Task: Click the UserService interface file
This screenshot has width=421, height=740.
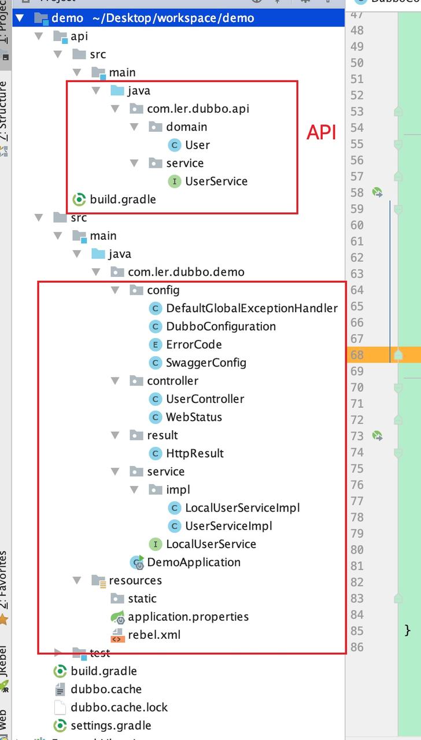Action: pyautogui.click(x=216, y=181)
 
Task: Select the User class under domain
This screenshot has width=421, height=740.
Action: pyautogui.click(x=197, y=145)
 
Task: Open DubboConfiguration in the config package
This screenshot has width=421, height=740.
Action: pyautogui.click(x=220, y=326)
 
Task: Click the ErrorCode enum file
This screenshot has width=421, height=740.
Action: pyautogui.click(x=194, y=345)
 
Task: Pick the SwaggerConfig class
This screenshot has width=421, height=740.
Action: pyautogui.click(x=206, y=362)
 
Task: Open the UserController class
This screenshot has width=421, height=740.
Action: pyautogui.click(x=205, y=399)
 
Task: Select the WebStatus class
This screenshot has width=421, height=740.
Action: pyautogui.click(x=194, y=417)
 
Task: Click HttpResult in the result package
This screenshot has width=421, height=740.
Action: pyautogui.click(x=194, y=453)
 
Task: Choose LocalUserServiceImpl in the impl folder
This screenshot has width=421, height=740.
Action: pyautogui.click(x=242, y=508)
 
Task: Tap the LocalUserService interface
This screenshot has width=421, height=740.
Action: pyautogui.click(x=211, y=544)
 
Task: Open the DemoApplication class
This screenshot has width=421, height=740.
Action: pyautogui.click(x=194, y=562)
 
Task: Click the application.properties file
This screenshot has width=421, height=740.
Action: pyautogui.click(x=188, y=616)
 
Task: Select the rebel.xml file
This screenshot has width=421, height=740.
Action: pyautogui.click(x=154, y=635)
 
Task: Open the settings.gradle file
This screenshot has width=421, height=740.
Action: pyautogui.click(x=110, y=725)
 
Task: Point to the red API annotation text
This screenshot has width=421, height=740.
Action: pyautogui.click(x=321, y=132)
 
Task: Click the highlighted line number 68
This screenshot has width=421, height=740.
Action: pyautogui.click(x=357, y=354)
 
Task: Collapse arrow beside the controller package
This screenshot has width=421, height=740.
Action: pyautogui.click(x=115, y=381)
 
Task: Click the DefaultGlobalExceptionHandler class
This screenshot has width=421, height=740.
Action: pyautogui.click(x=252, y=308)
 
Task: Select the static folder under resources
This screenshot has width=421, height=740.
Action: pyautogui.click(x=142, y=598)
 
